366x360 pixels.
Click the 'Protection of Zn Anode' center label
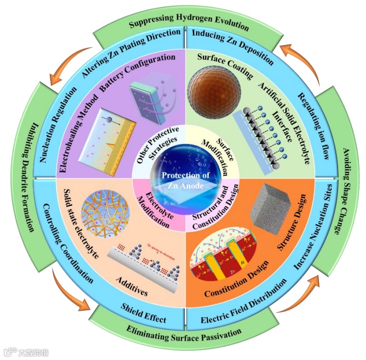pyautogui.click(x=183, y=180)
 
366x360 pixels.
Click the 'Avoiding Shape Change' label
pyautogui.click(x=340, y=180)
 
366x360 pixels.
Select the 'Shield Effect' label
pyautogui.click(x=144, y=311)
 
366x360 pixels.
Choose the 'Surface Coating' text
pyautogui.click(x=226, y=67)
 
